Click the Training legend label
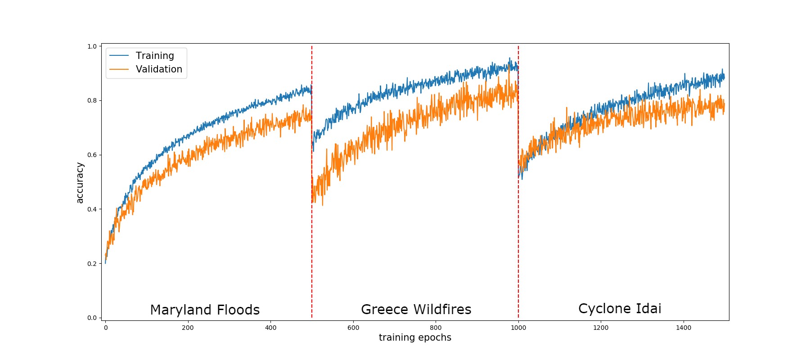pyautogui.click(x=155, y=56)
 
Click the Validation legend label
pyautogui.click(x=159, y=69)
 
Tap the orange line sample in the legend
pyautogui.click(x=119, y=69)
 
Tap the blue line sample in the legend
pyautogui.click(x=119, y=56)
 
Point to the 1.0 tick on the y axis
pyautogui.click(x=92, y=46)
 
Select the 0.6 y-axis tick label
pyautogui.click(x=92, y=155)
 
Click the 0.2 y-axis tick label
pyautogui.click(x=92, y=264)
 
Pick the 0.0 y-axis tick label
pyautogui.click(x=92, y=318)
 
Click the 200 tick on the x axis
pyautogui.click(x=188, y=328)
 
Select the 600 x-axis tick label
pyautogui.click(x=353, y=328)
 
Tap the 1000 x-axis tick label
pyautogui.click(x=518, y=328)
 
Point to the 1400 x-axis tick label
pyautogui.click(x=684, y=328)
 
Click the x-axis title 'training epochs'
pyautogui.click(x=415, y=337)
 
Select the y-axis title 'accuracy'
pyautogui.click(x=80, y=183)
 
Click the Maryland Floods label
pyautogui.click(x=205, y=310)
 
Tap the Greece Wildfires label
pyautogui.click(x=416, y=310)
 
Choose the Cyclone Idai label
pyautogui.click(x=620, y=309)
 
